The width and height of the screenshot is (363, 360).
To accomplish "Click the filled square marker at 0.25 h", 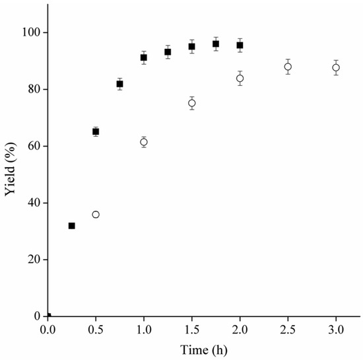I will click(72, 226).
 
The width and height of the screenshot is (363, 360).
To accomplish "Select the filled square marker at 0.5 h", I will click(96, 131).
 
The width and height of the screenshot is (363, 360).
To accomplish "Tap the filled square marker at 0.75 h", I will click(119, 84).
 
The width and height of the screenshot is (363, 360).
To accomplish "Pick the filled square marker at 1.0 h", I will click(144, 57).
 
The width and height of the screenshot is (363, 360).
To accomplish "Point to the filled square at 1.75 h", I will click(216, 44).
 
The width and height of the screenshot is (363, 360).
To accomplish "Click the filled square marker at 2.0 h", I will click(240, 45).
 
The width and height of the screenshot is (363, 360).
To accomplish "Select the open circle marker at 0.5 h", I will click(96, 215).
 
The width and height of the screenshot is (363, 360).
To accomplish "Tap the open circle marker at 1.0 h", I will click(144, 142).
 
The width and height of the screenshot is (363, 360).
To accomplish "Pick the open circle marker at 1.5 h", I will click(192, 103).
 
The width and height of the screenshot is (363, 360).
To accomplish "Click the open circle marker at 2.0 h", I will click(240, 79).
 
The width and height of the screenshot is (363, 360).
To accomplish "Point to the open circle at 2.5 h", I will click(288, 67).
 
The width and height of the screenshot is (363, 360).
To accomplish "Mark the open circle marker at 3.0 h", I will click(336, 67).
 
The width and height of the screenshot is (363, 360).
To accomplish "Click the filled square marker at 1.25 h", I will click(168, 52).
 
